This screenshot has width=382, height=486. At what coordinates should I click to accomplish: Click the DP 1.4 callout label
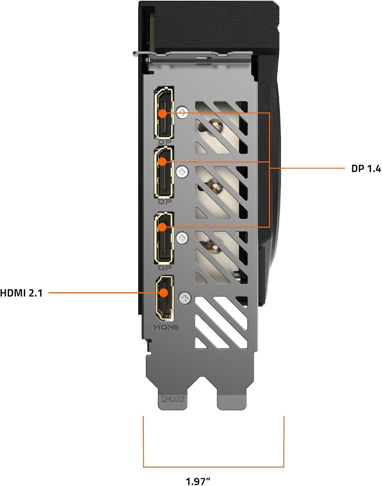point(366,169)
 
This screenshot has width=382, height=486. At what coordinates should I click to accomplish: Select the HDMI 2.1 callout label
point(21,293)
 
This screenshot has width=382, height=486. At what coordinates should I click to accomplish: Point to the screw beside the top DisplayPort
point(183,113)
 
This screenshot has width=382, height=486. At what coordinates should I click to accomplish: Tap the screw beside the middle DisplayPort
point(183,172)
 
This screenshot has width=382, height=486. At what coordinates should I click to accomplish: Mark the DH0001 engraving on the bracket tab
point(173,399)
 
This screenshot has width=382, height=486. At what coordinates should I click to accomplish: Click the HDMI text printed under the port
point(165,328)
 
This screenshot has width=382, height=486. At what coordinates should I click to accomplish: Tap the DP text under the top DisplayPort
point(165,142)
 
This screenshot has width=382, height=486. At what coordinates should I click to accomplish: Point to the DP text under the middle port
point(164,202)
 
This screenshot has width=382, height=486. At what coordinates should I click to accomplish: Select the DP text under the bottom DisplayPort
point(164,268)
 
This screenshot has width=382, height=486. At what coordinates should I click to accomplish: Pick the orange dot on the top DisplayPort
point(163,113)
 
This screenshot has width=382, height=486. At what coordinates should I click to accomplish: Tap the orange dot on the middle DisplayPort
point(163,161)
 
